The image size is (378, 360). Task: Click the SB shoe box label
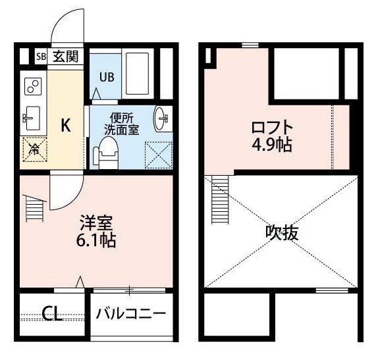click(x=41, y=57)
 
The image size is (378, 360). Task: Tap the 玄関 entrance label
click(x=66, y=57)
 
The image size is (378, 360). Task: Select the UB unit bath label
click(x=107, y=77)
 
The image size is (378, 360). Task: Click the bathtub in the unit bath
click(x=138, y=74)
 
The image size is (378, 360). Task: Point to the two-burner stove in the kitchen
click(x=33, y=86)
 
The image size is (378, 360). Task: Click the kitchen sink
click(x=32, y=118)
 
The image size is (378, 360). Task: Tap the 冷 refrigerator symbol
click(x=35, y=149)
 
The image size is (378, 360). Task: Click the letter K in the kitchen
click(x=66, y=125)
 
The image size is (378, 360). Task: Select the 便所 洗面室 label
click(x=121, y=124)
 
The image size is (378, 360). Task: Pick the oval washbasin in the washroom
click(x=161, y=119)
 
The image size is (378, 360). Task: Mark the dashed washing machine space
click(x=159, y=155)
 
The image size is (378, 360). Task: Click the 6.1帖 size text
click(x=96, y=240)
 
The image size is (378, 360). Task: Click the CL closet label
click(x=52, y=313)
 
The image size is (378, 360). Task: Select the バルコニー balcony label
click(x=131, y=314)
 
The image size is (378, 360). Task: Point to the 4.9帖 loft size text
click(x=272, y=145)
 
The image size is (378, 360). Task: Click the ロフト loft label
click(x=272, y=128)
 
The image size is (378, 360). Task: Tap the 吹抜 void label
click(x=282, y=233)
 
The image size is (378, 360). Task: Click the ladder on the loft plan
click(x=220, y=199)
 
